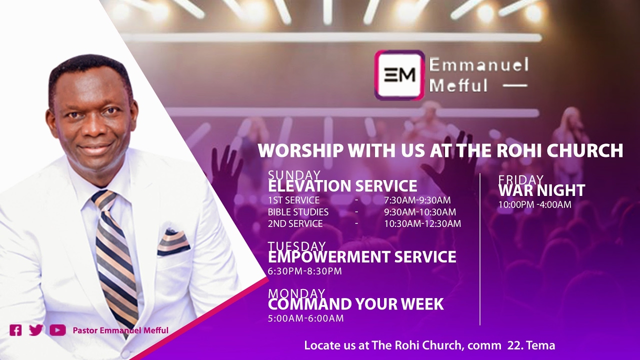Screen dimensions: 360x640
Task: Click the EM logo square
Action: [399, 75]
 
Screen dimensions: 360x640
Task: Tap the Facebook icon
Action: [15, 330]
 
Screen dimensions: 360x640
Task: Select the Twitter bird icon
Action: [36, 330]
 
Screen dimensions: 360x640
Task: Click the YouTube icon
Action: [57, 330]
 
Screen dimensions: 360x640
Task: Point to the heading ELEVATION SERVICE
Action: [342, 186]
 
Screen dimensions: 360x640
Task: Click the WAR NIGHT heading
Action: [541, 190]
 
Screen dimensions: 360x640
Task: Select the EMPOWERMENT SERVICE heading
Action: [362, 257]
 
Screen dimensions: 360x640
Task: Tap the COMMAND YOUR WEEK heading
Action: [355, 304]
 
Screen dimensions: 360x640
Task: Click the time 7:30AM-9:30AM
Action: [417, 200]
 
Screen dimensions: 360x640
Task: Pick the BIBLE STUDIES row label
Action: [298, 212]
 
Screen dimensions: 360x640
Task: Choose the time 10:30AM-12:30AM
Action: [422, 224]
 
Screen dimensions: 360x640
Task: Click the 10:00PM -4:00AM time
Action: [534, 204]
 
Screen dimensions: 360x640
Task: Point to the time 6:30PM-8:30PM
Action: [305, 271]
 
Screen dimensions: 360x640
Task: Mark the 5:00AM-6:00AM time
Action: [305, 318]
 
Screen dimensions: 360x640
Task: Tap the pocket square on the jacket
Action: [173, 242]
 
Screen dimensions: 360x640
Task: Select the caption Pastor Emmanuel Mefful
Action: [120, 330]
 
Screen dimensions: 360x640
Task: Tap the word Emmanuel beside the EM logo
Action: [478, 65]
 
